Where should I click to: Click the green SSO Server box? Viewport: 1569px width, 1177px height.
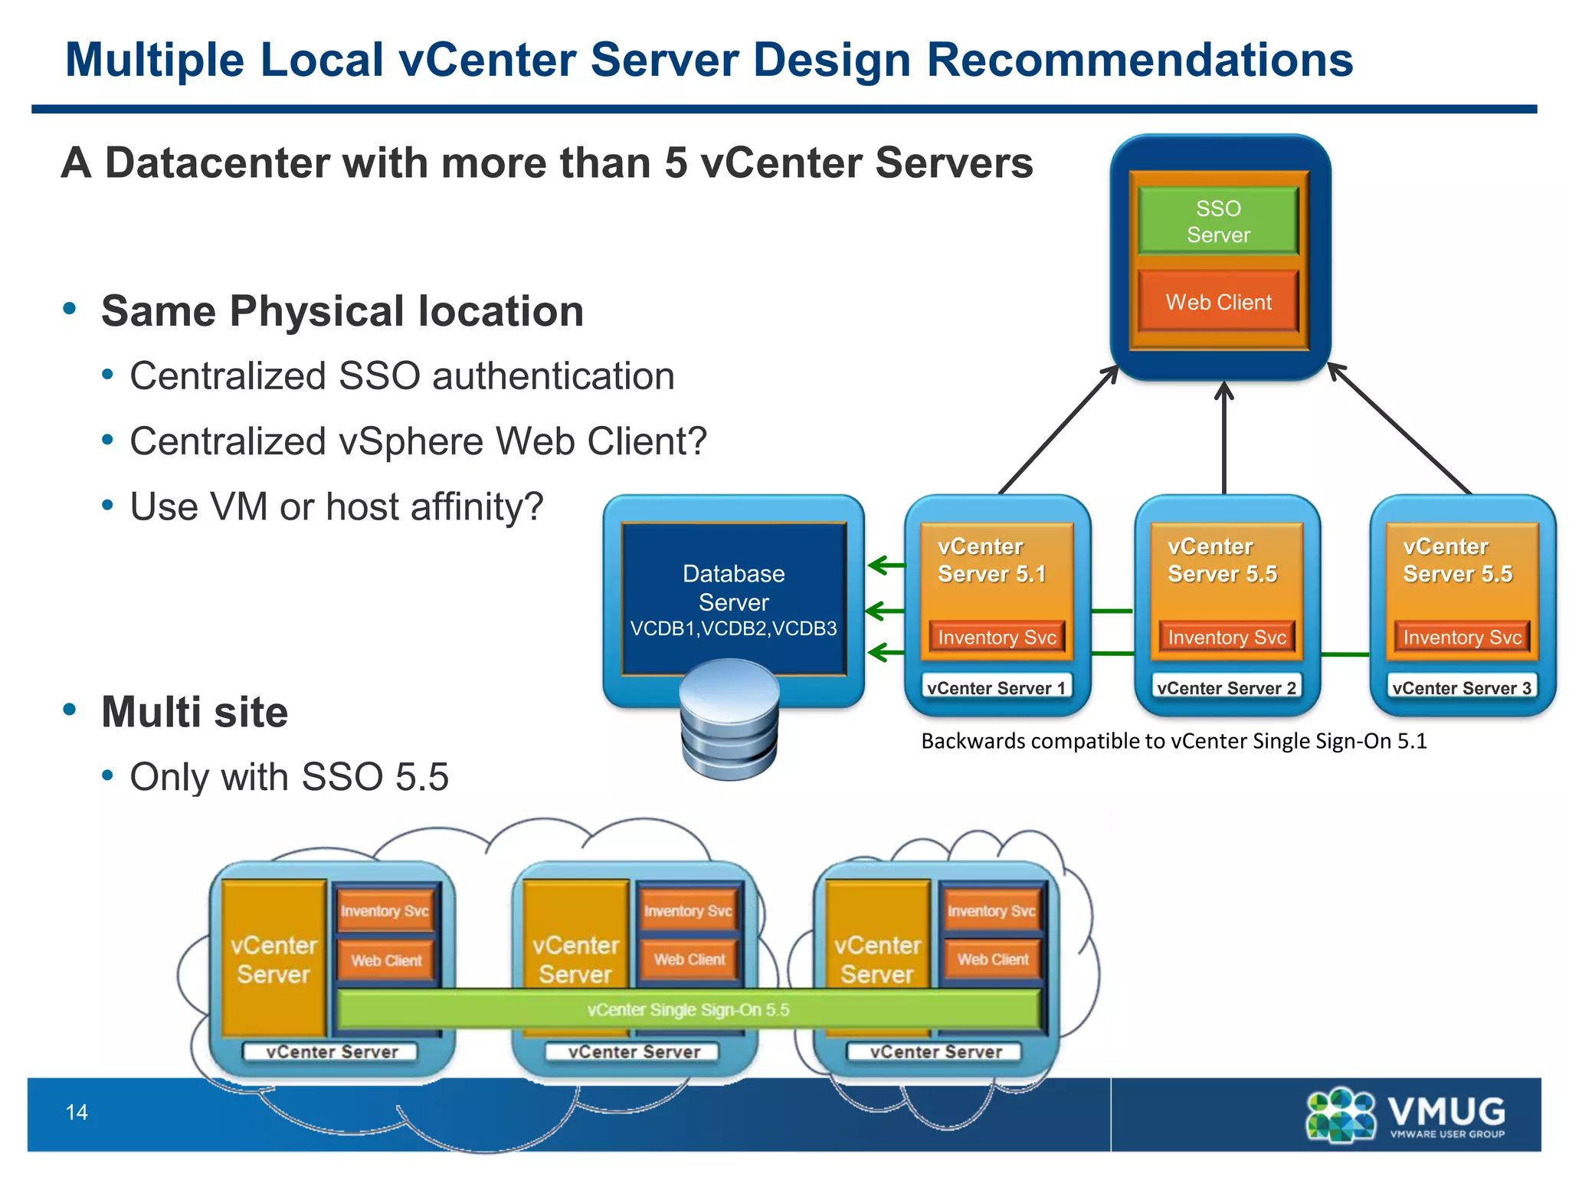(x=1218, y=221)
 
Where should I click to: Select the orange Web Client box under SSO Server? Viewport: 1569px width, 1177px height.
(x=1218, y=302)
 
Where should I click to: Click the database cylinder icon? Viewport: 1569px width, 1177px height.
(x=729, y=720)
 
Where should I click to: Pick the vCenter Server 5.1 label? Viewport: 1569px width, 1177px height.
(x=991, y=560)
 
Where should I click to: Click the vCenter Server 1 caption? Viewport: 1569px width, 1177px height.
(x=996, y=687)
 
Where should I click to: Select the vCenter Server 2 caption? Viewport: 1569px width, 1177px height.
(x=1226, y=687)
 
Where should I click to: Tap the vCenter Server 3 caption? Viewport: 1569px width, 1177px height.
(x=1461, y=687)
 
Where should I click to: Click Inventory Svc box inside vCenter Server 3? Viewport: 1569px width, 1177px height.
(x=1461, y=638)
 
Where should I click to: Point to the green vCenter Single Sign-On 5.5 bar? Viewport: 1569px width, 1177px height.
(x=688, y=1009)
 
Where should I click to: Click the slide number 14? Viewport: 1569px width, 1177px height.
(x=77, y=1112)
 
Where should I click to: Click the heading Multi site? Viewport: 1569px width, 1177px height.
(x=195, y=712)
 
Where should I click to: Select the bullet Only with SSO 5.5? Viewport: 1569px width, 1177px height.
(x=289, y=777)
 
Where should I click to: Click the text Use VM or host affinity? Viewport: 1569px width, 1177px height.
(x=336, y=507)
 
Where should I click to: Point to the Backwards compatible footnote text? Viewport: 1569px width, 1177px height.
(x=1173, y=741)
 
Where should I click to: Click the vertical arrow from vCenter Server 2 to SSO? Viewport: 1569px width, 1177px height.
(x=1224, y=441)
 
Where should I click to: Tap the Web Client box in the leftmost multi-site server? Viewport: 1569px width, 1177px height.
(x=386, y=960)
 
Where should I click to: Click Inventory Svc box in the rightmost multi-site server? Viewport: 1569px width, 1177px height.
(x=991, y=910)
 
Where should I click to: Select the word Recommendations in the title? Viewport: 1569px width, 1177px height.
(x=1140, y=60)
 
